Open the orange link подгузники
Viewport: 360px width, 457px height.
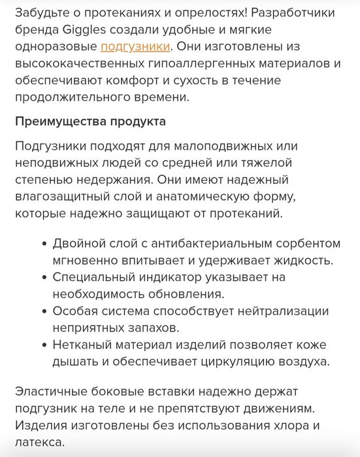(x=135, y=46)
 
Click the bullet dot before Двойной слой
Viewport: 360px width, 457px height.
(x=44, y=243)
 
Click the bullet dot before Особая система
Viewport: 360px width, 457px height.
(x=44, y=311)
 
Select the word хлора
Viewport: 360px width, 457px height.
(x=289, y=426)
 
